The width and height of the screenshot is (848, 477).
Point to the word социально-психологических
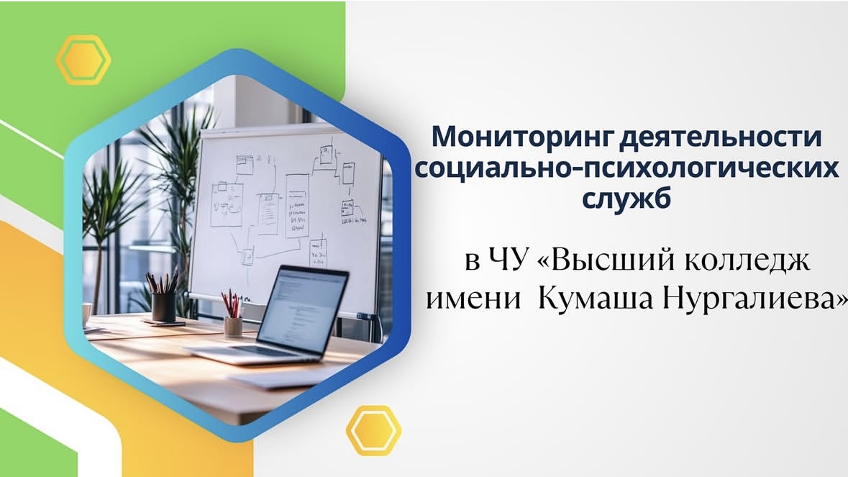pyautogui.click(x=626, y=168)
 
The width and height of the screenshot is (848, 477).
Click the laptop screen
pyautogui.click(x=302, y=306)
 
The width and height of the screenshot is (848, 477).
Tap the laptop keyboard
pyautogui.click(x=245, y=350)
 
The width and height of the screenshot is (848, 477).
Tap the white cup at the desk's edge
pyautogui.click(x=87, y=314)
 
